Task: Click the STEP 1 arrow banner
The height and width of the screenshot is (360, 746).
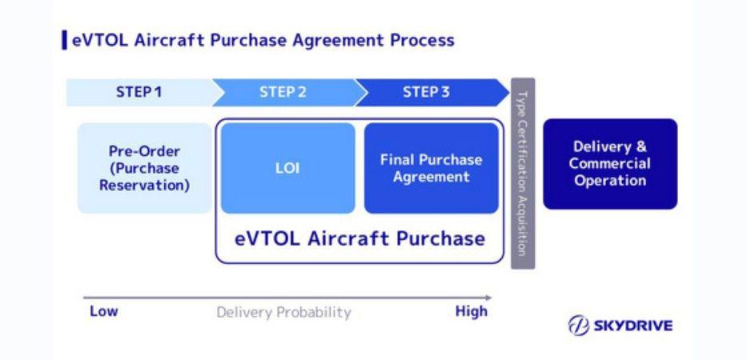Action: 138,92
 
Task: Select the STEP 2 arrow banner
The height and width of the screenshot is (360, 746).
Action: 283,92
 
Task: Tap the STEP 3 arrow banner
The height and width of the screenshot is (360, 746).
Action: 427,92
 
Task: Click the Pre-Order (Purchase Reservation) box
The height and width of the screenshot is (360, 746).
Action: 144,168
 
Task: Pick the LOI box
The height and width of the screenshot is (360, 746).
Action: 287,168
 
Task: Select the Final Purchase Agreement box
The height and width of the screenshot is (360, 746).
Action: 431,168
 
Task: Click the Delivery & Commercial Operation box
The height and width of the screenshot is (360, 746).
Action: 610,164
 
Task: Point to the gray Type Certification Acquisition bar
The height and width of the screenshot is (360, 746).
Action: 523,173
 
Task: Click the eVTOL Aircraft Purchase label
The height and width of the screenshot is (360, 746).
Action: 359,238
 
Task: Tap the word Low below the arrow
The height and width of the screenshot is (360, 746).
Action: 103,311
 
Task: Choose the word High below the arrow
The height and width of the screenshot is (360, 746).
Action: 471,311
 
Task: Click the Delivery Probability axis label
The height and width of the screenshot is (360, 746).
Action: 283,312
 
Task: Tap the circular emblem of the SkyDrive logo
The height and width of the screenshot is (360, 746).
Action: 579,326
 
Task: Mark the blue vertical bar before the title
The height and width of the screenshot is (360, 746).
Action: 64,39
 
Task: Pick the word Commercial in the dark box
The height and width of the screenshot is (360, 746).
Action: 610,163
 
